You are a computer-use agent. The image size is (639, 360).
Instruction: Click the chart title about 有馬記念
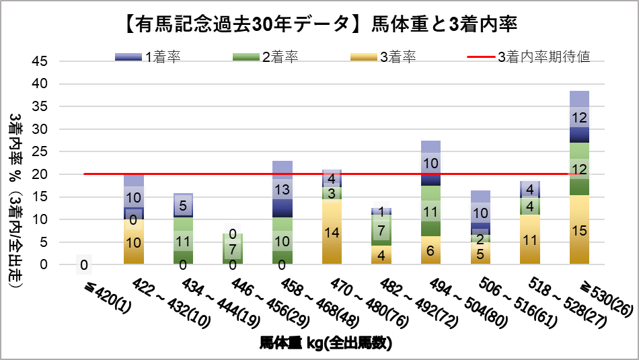click(x=319, y=25)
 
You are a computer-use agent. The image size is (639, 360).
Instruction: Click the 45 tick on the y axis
click(x=40, y=61)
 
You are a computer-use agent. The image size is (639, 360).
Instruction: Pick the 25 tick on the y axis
click(x=40, y=152)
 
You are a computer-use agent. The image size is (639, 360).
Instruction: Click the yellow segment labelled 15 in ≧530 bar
click(x=580, y=230)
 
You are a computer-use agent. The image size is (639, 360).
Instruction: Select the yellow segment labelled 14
click(x=332, y=232)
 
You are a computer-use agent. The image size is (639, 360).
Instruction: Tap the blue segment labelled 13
click(x=283, y=190)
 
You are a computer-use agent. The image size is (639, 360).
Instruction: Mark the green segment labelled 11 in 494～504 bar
click(x=431, y=211)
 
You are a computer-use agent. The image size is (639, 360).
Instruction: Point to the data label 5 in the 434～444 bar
click(x=183, y=206)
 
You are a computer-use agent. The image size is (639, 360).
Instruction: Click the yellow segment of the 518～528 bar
click(x=530, y=240)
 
